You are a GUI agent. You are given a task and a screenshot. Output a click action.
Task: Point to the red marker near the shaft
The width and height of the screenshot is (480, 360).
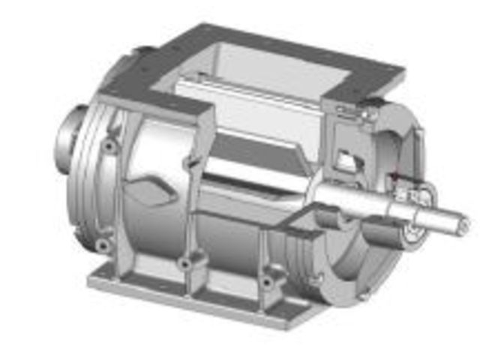(x=392, y=178)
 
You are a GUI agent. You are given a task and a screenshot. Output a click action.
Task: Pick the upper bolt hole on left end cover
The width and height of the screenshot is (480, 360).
(x=110, y=145)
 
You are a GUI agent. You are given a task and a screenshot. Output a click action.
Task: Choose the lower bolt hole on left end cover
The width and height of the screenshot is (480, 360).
(x=100, y=245)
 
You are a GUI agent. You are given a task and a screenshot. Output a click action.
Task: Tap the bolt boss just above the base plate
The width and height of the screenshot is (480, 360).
(x=185, y=264)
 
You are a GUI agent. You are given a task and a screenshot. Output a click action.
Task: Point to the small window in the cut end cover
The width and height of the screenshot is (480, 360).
(x=346, y=160)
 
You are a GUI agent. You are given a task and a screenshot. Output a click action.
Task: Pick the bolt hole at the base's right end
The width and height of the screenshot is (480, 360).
(x=266, y=283)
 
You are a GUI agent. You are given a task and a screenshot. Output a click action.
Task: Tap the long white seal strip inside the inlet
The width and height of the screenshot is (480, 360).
(x=247, y=94)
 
